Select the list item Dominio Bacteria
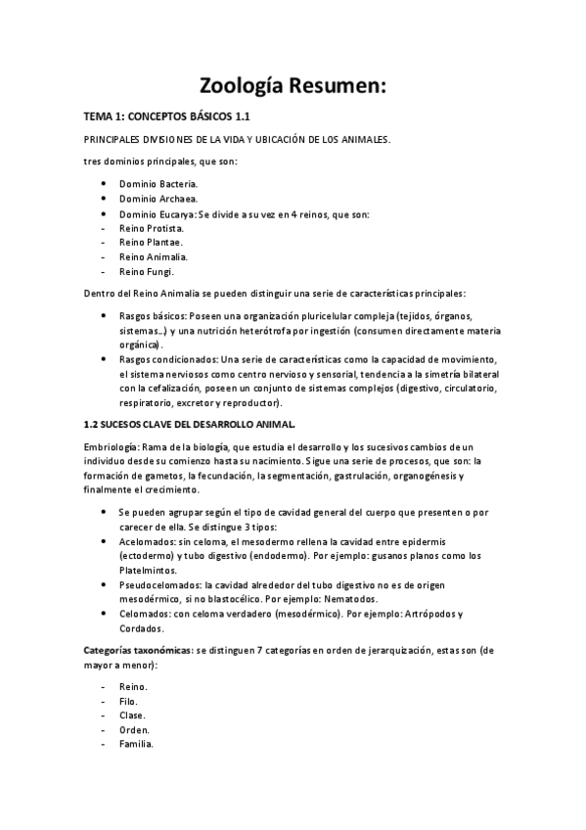click(158, 183)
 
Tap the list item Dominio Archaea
click(158, 199)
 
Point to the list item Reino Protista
click(152, 227)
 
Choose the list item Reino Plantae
click(151, 242)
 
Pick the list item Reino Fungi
click(146, 271)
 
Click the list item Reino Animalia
click(154, 256)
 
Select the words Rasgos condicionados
click(167, 359)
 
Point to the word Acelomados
click(146, 541)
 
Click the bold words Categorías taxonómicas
click(138, 650)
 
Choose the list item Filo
click(128, 701)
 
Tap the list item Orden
click(134, 730)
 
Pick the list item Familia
click(137, 744)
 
